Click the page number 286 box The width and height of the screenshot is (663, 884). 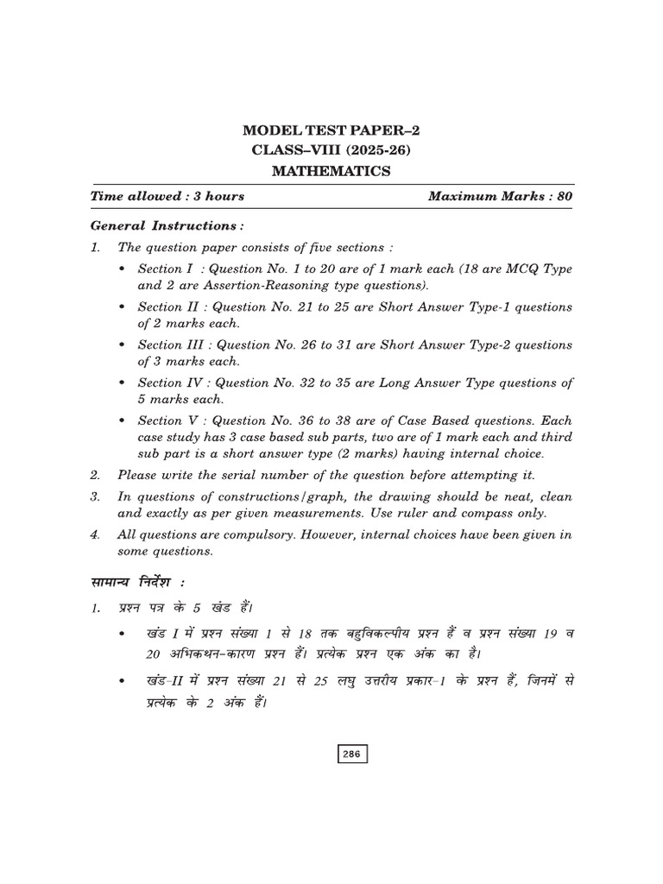pyautogui.click(x=351, y=754)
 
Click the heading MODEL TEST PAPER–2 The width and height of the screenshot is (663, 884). pyautogui.click(x=331, y=131)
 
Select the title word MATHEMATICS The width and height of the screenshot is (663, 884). pyautogui.click(x=331, y=171)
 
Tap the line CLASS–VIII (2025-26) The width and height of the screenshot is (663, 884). pyautogui.click(x=331, y=151)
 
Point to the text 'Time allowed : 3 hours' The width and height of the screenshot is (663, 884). pyautogui.click(x=167, y=196)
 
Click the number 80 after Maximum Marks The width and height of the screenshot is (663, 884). pyautogui.click(x=565, y=196)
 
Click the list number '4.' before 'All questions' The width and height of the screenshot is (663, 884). pyautogui.click(x=95, y=535)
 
